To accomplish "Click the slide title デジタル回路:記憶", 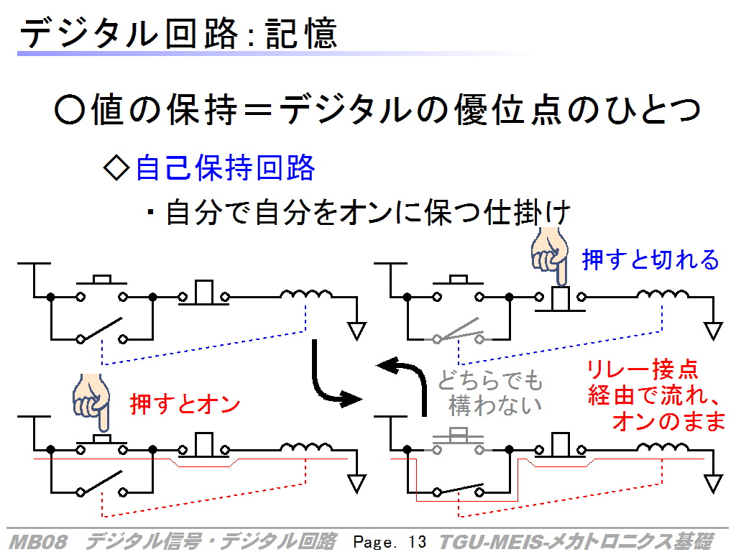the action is [178, 33].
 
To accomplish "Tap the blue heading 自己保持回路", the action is [225, 167].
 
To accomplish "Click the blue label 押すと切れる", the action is [650, 259].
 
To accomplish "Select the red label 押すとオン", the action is [185, 404].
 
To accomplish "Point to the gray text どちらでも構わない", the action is [491, 393].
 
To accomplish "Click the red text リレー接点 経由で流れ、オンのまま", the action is [656, 395].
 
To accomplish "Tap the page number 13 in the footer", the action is [417, 542].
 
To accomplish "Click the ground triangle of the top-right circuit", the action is [713, 331].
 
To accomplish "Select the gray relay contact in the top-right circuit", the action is [458, 332].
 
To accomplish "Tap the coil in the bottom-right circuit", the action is [663, 447].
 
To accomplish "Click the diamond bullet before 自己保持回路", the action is [116, 168].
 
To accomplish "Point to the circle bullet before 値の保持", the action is [70, 110].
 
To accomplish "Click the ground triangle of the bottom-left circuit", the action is [356, 484].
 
